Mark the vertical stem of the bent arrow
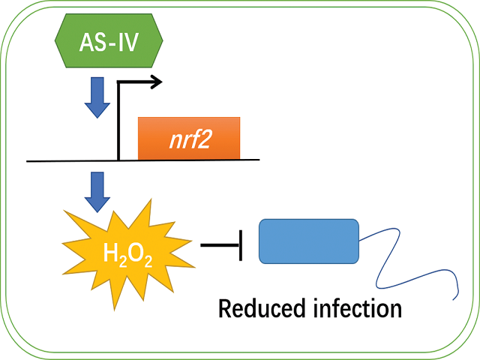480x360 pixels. (x=118, y=120)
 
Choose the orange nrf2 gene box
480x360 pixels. (x=188, y=139)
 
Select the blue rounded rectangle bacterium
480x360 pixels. (x=308, y=241)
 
